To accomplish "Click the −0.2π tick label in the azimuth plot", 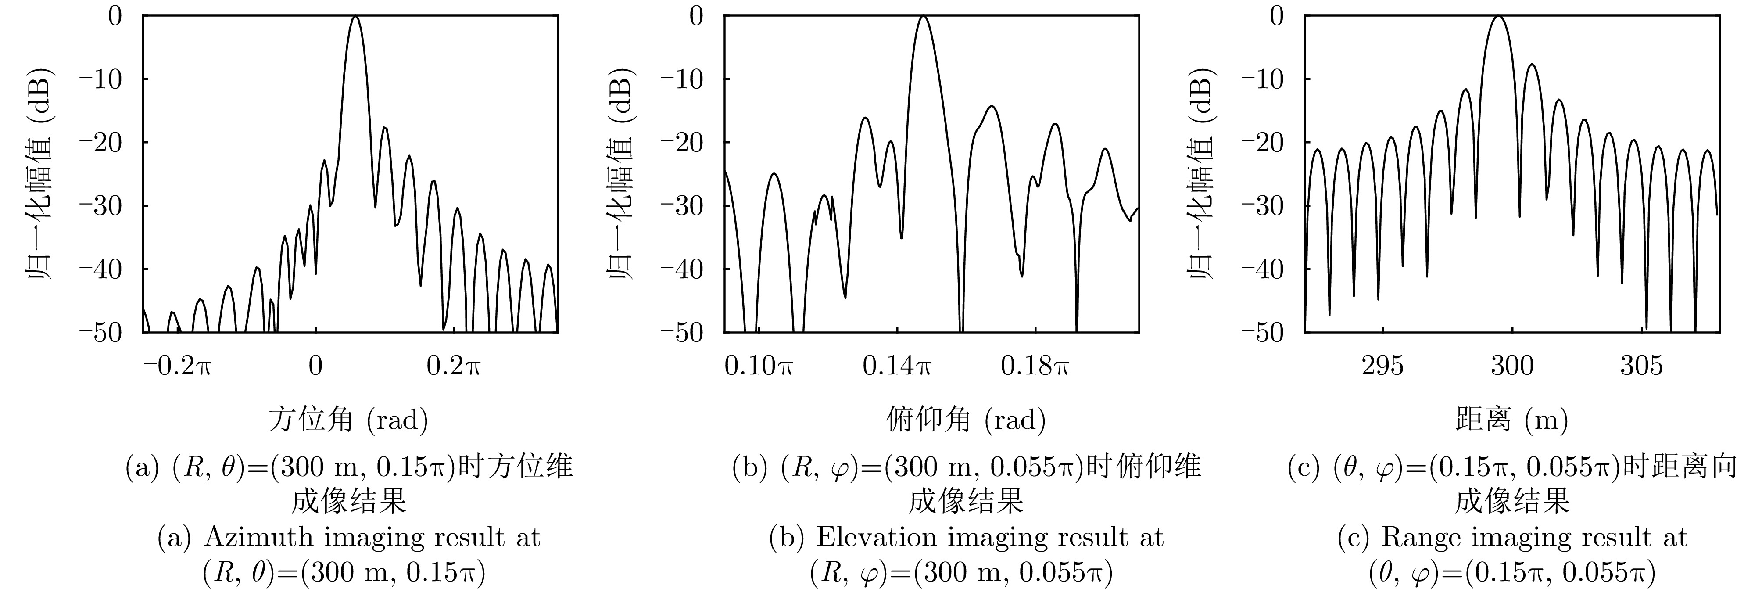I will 178,366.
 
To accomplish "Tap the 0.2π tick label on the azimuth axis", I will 454,366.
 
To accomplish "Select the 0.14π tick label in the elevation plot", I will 897,366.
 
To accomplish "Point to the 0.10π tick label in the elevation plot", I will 759,366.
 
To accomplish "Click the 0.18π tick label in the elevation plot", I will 1035,366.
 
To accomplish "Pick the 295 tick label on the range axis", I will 1382,366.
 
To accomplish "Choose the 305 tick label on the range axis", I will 1641,366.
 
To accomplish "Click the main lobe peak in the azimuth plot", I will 355,17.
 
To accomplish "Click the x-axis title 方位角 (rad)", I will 348,419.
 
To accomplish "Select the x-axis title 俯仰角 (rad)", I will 966,419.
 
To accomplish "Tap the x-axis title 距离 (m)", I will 1511,419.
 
